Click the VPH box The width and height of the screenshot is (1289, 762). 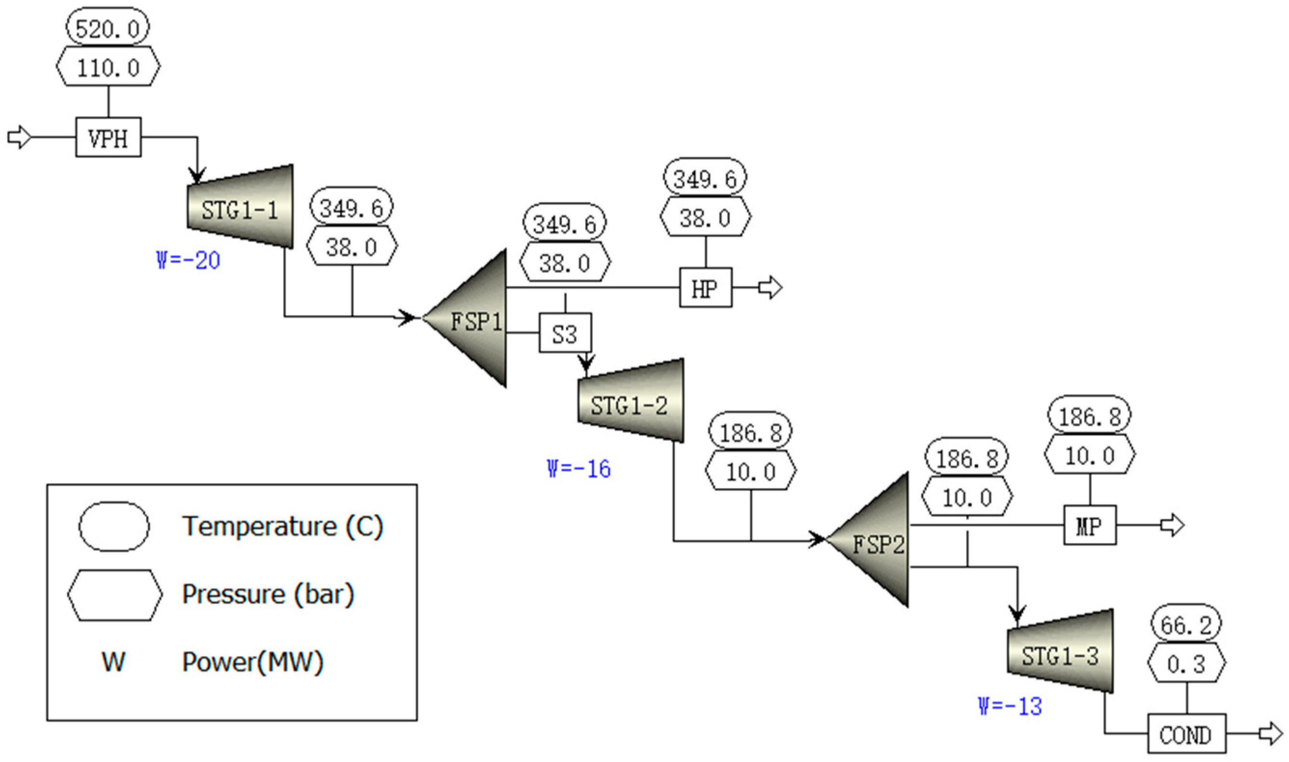point(109,137)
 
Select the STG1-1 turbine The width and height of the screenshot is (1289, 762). point(240,208)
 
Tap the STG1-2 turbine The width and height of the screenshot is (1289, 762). point(631,400)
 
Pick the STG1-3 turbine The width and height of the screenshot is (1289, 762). point(1060,651)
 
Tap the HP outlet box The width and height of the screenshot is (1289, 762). point(706,287)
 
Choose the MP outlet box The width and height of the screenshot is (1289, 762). point(1089,525)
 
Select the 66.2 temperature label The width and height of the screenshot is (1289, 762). point(1186,624)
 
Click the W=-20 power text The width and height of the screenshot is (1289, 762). point(188,260)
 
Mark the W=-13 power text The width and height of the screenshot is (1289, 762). point(1010,706)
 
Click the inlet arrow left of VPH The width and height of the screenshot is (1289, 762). point(19,137)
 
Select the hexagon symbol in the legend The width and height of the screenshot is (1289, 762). point(114,594)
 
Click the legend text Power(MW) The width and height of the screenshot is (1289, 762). point(253,661)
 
